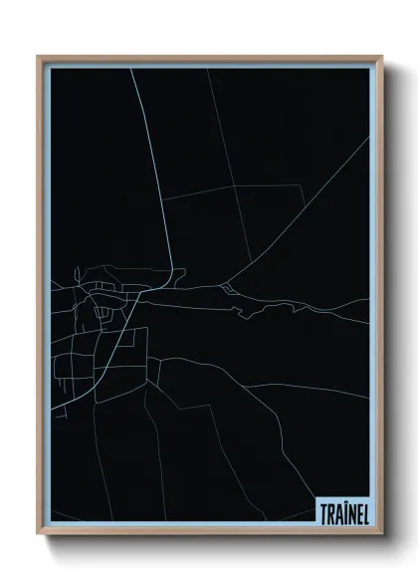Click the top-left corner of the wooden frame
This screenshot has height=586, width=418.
39,57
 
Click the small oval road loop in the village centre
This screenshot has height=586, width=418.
102,316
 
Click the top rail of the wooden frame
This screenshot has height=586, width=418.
209,58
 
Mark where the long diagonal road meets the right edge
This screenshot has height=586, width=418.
369,137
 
